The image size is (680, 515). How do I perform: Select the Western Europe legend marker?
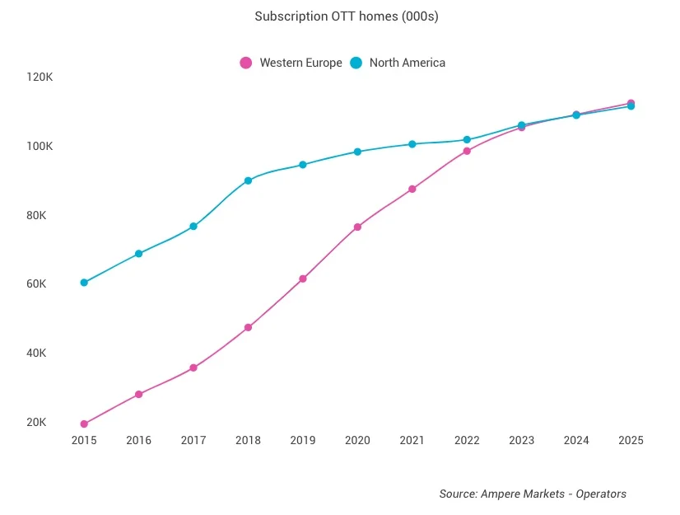[x=245, y=63]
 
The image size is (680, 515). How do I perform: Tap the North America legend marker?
[x=356, y=63]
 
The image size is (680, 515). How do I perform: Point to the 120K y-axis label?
[x=40, y=77]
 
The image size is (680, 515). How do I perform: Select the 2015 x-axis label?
[x=84, y=441]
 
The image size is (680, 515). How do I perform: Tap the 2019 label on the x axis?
[x=303, y=441]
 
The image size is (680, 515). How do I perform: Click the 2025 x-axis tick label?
[x=631, y=441]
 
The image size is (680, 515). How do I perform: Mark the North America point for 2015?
[x=84, y=283]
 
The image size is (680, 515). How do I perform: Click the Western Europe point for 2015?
[x=84, y=424]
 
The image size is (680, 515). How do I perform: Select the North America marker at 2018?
[x=248, y=180]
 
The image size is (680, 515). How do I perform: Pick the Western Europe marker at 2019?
[x=303, y=279]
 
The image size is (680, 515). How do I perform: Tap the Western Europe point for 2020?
[x=357, y=227]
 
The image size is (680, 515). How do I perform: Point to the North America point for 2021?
[x=412, y=144]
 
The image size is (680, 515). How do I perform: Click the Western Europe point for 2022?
[x=467, y=151]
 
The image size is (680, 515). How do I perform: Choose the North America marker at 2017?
[x=193, y=227]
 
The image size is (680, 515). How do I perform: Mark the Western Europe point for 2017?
[x=193, y=368]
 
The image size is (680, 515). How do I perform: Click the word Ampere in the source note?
[x=501, y=494]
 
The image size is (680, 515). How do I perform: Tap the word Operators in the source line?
[x=601, y=494]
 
